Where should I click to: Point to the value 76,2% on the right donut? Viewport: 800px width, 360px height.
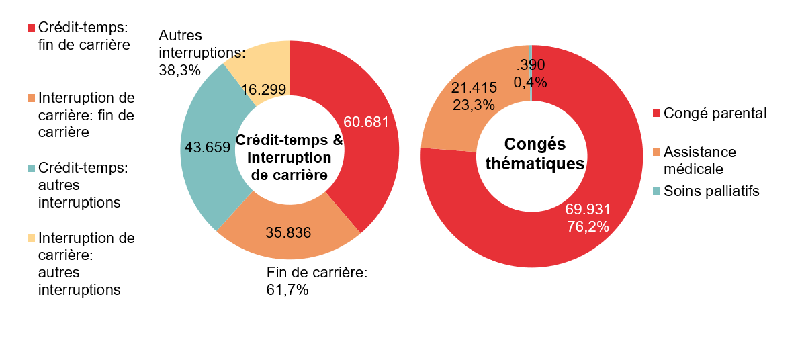[x=588, y=226]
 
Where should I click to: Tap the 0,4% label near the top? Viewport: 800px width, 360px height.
[x=530, y=82]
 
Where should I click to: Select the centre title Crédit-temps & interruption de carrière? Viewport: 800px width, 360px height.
[x=289, y=157]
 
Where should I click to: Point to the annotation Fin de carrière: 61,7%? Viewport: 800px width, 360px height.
[x=316, y=281]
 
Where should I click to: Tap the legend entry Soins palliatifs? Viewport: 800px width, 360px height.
[x=711, y=191]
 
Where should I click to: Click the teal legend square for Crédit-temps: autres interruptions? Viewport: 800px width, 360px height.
[x=31, y=165]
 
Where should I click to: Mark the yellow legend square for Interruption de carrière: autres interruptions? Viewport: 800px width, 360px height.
[x=31, y=238]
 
